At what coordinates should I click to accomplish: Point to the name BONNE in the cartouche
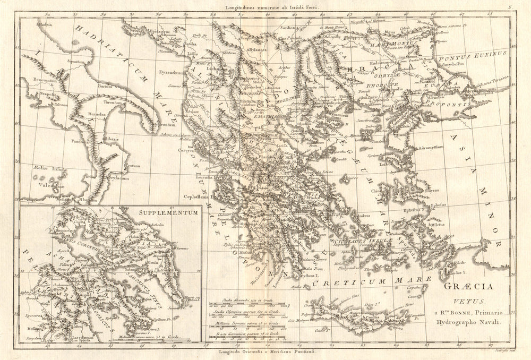pyautogui.click(x=457, y=313)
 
